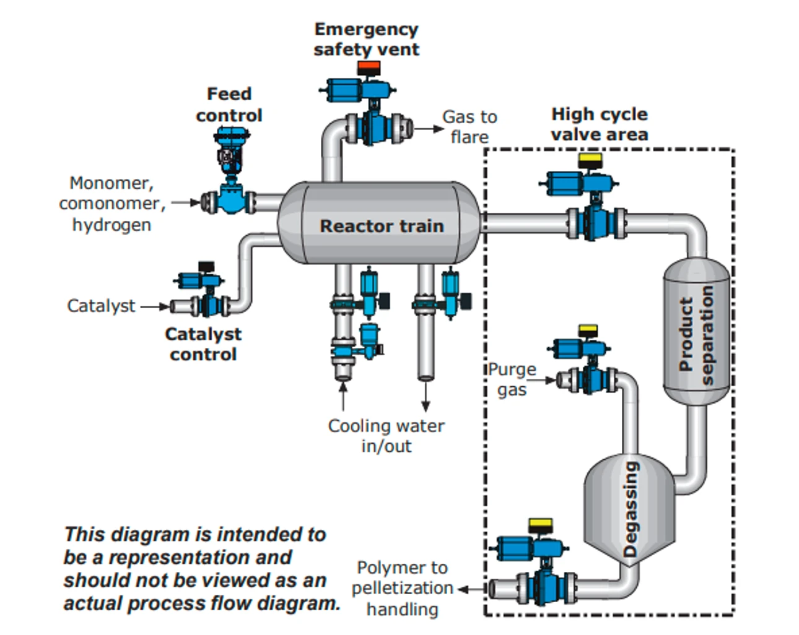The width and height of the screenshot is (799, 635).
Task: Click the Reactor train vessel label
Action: (x=382, y=226)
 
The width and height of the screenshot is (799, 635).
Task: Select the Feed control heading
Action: (x=229, y=105)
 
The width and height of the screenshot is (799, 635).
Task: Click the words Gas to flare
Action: (x=469, y=126)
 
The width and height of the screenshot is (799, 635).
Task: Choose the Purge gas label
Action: (x=512, y=379)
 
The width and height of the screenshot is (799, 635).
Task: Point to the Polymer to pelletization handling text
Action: (x=402, y=588)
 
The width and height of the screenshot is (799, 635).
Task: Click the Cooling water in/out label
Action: (x=386, y=436)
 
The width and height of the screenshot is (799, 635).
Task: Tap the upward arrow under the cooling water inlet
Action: (x=343, y=396)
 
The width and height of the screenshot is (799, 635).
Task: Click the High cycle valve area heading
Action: (x=599, y=124)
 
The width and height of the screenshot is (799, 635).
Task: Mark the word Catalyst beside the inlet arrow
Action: (x=101, y=306)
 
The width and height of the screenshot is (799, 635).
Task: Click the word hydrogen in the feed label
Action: (x=111, y=225)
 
